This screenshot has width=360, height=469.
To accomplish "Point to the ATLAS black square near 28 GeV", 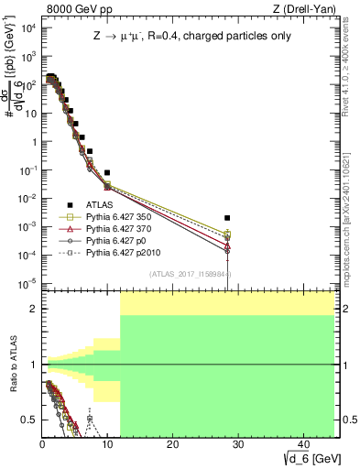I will [x=227, y=218].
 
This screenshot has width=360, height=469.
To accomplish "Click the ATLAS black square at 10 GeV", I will [x=107, y=172].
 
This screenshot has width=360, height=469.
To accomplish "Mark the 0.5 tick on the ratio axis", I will [x=29, y=420].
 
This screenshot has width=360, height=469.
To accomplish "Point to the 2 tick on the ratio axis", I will [x=34, y=309].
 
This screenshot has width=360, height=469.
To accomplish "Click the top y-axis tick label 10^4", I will [x=27, y=28].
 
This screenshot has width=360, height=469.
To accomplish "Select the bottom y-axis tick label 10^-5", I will [x=27, y=282].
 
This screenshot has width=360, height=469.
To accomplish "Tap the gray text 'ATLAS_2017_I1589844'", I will [x=190, y=273].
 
